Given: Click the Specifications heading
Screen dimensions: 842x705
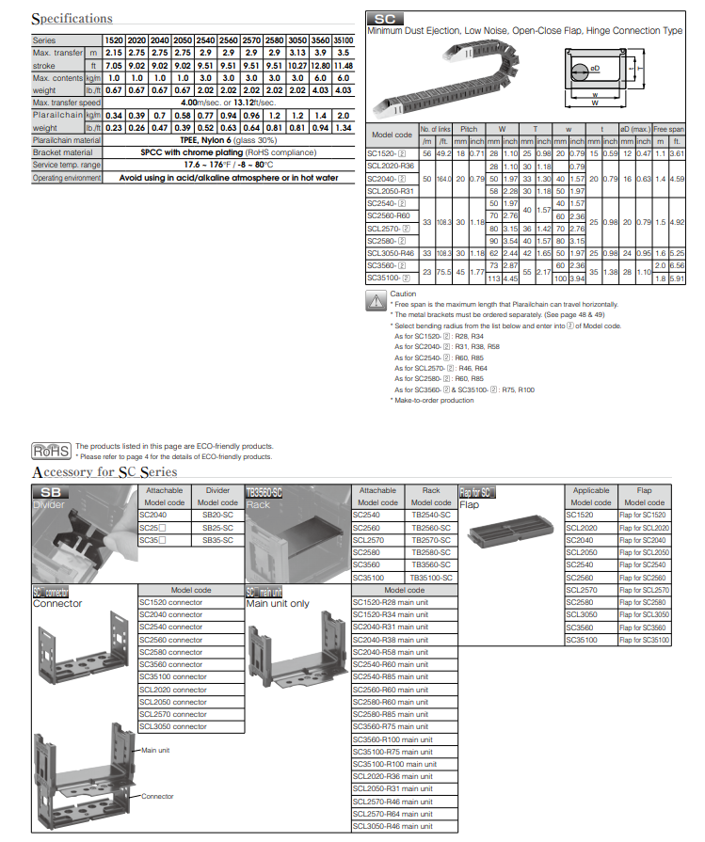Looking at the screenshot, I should (x=72, y=19).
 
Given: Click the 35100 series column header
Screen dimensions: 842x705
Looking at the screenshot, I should (x=343, y=40).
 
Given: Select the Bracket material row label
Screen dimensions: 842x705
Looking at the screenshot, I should (x=63, y=151).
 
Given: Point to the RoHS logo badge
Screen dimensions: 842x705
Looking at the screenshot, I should (x=51, y=451).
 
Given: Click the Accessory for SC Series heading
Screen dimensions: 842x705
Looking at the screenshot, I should (x=104, y=471).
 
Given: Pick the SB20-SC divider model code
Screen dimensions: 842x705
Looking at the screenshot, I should (x=217, y=515).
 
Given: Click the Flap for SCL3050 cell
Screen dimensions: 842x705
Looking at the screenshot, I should (x=644, y=613).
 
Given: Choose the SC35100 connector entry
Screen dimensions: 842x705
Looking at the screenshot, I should (x=173, y=676).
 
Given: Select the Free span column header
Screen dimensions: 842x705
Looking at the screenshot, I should (x=668, y=129).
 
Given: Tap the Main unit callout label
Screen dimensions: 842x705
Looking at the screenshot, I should (x=154, y=750).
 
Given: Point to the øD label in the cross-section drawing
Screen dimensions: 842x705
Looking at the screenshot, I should (x=595, y=69).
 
